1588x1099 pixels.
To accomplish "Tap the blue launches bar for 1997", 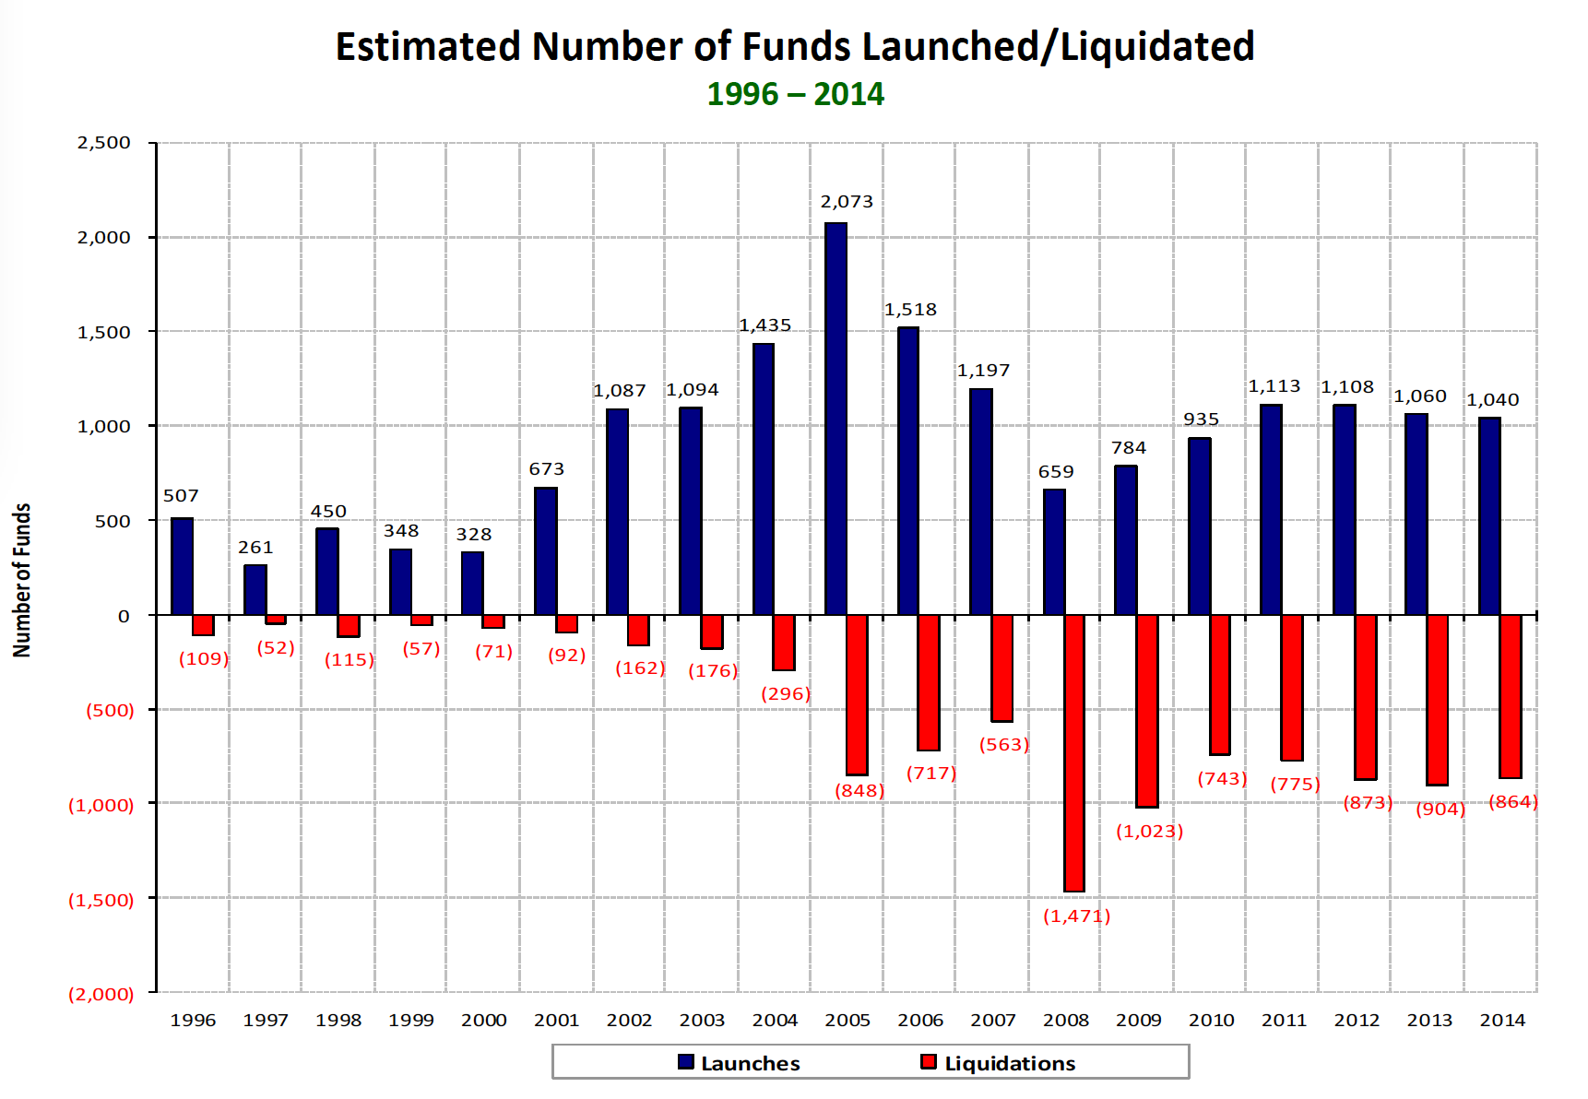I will click(255, 590).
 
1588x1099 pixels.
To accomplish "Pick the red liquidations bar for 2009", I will click(1147, 711).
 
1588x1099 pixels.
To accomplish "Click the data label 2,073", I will click(847, 202).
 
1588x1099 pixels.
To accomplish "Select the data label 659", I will click(1056, 472).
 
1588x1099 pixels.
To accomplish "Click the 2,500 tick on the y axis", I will click(104, 143).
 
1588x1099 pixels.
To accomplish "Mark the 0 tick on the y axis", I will click(124, 616).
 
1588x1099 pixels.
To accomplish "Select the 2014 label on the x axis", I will click(1502, 1020).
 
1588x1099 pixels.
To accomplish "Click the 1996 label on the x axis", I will click(193, 1020).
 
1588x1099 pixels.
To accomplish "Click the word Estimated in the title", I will click(428, 47).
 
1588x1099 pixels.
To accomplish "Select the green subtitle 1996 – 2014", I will click(795, 94).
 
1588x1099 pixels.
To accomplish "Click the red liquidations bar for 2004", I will click(784, 643).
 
